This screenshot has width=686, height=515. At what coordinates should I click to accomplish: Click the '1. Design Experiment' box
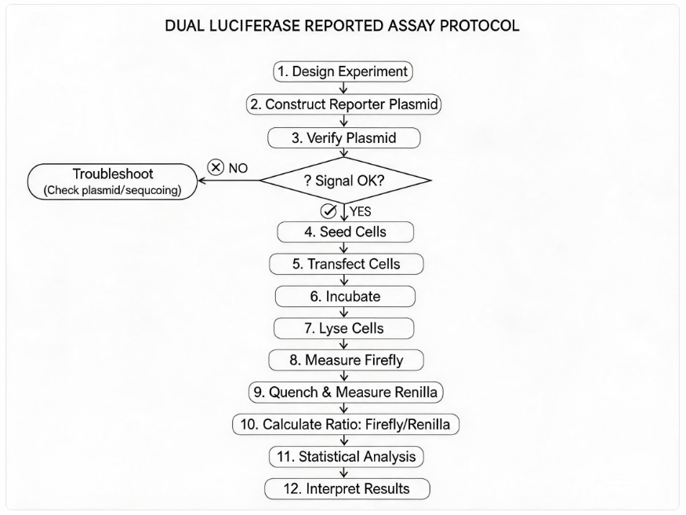point(343,71)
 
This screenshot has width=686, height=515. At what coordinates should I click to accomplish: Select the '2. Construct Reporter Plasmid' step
point(343,104)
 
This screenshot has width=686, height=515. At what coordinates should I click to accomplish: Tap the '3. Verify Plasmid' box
point(344,138)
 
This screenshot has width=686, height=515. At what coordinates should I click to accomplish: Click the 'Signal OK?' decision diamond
point(346,181)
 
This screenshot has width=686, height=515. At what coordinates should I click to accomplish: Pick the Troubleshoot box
point(112,181)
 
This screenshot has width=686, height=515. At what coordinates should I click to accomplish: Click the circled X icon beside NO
point(216,167)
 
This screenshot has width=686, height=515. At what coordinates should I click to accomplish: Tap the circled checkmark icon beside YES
point(328,211)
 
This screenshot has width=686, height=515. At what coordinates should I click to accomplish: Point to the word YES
point(360,212)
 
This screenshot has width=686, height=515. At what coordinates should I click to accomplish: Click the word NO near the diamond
point(238,168)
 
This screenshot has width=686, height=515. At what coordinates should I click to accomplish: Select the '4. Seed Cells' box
point(345,232)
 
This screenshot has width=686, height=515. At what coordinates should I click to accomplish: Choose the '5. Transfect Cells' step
point(346,264)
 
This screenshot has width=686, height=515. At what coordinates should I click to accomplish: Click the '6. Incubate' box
point(345,297)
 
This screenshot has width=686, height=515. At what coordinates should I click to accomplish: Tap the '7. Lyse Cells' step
point(344,328)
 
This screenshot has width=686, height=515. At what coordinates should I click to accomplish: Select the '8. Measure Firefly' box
point(346,360)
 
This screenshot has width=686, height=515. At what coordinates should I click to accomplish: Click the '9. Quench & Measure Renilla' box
point(346,392)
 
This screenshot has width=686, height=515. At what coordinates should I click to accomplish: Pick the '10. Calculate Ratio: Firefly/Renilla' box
point(346,425)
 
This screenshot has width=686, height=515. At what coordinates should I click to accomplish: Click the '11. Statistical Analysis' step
point(346,457)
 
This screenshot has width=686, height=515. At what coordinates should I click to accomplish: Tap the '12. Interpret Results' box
point(347,489)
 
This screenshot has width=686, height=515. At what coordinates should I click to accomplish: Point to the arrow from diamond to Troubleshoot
point(229,181)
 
